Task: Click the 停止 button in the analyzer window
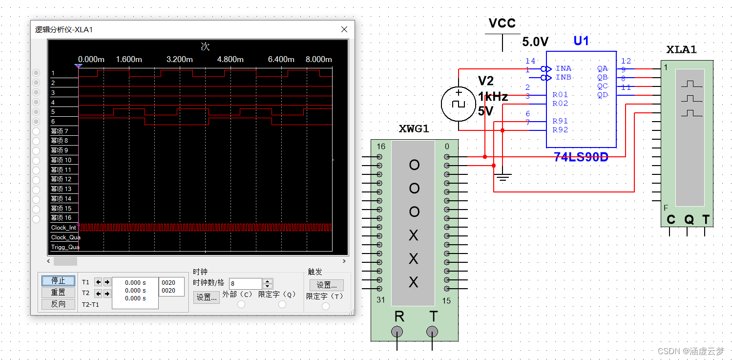[x=58, y=281]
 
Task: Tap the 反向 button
[x=58, y=304]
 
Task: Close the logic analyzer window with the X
[x=344, y=30]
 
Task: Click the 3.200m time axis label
[x=179, y=60]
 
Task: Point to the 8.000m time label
[x=318, y=60]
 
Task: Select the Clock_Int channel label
[x=63, y=228]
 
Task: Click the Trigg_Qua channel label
[x=65, y=247]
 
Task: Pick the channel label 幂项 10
[x=61, y=160]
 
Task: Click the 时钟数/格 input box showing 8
[x=245, y=283]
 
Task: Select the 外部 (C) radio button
[x=241, y=304]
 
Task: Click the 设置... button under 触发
[x=327, y=285]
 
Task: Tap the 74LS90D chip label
[x=581, y=157]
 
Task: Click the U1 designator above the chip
[x=581, y=41]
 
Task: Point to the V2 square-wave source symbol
[x=458, y=104]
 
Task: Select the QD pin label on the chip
[x=602, y=95]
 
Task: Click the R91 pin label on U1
[x=560, y=121]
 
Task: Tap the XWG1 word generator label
[x=414, y=129]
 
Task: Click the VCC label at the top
[x=502, y=23]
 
